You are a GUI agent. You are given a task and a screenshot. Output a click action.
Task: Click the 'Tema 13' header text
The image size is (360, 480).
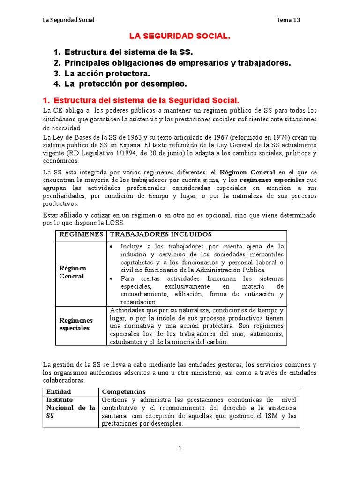click(288, 20)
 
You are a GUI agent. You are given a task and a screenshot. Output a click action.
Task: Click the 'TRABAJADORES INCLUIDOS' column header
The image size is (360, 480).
click(161, 234)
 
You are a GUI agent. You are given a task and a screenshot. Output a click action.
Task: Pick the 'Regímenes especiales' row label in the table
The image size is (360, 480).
click(75, 324)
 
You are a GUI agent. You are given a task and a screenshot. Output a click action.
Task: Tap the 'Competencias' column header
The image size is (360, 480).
click(124, 391)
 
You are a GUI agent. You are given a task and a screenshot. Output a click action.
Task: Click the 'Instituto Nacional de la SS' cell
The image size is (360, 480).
click(70, 408)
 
